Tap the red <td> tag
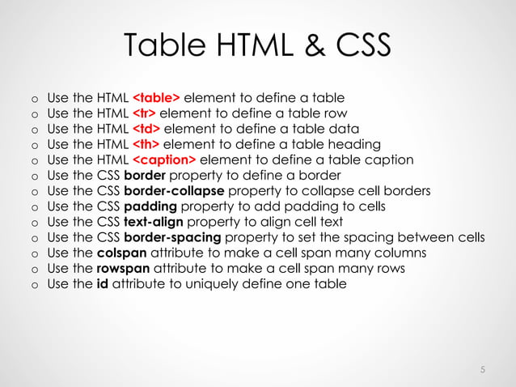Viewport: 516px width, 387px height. [146, 129]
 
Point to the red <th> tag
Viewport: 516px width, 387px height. [146, 144]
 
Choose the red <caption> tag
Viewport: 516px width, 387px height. [163, 159]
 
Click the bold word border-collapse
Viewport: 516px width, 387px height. [174, 191]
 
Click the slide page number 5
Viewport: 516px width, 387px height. [482, 370]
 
